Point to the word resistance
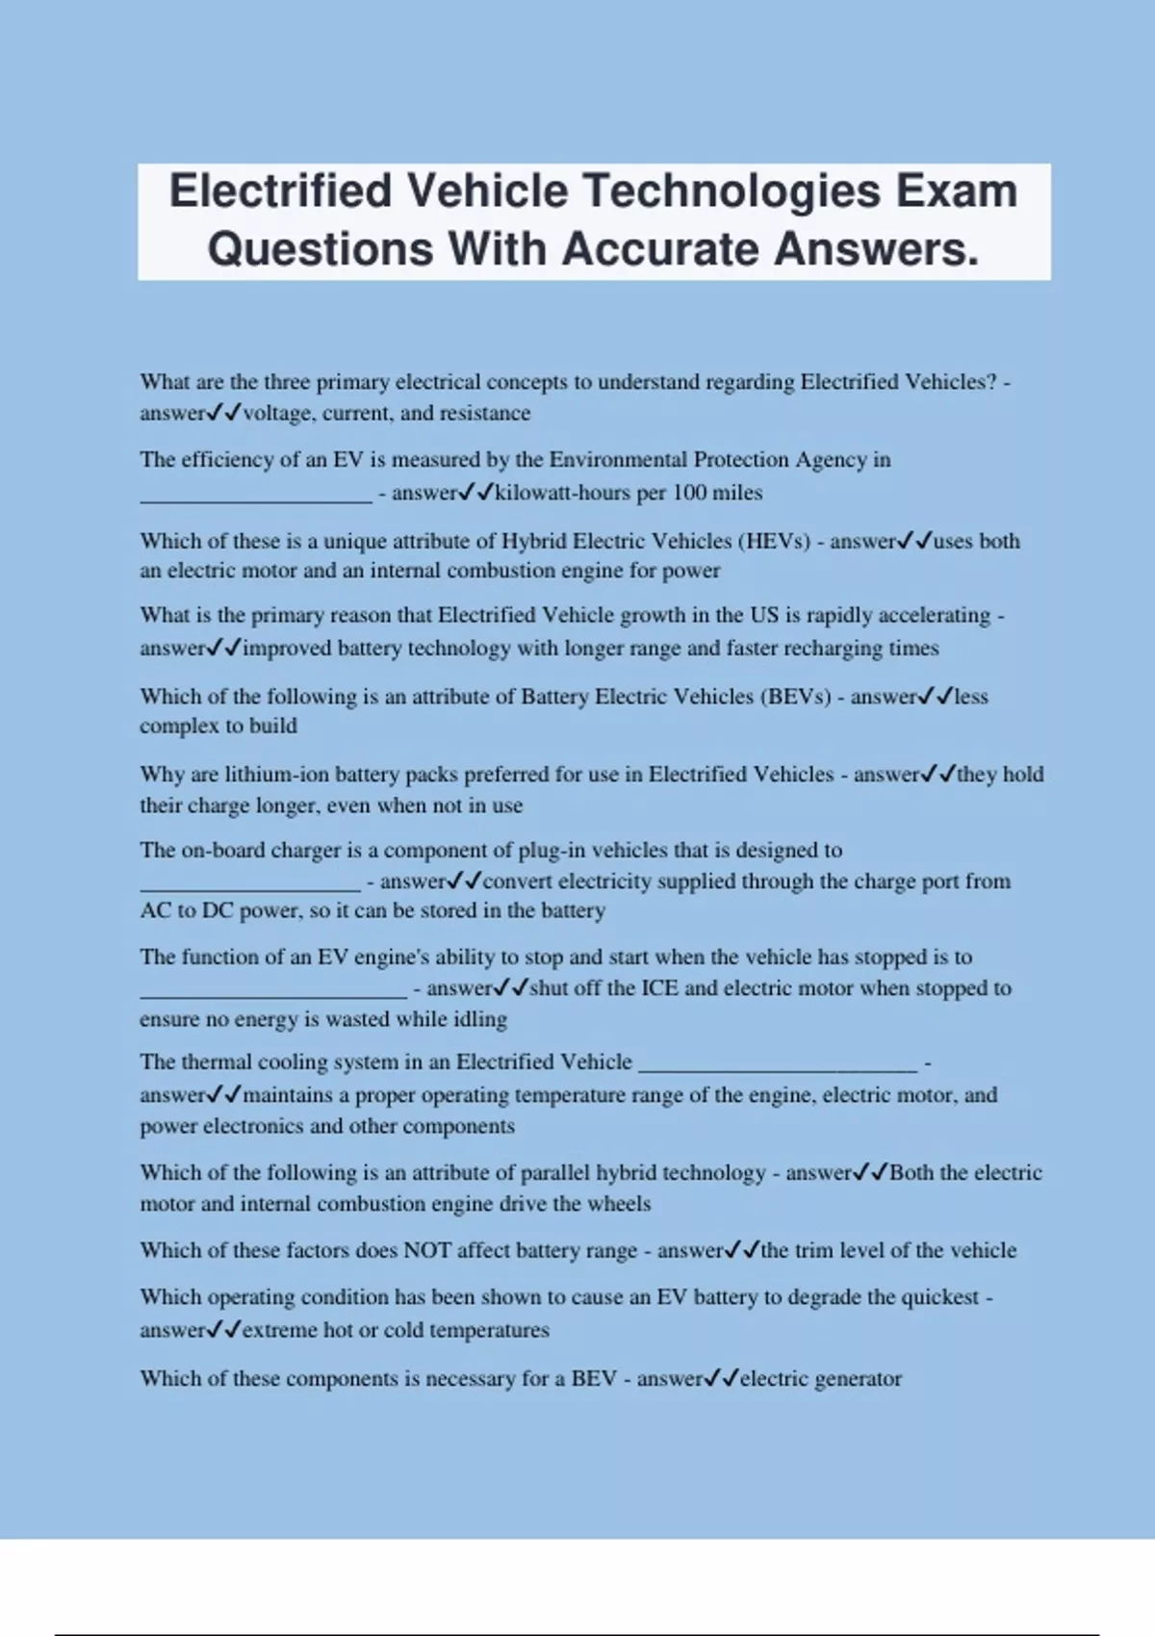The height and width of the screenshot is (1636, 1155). [x=485, y=414]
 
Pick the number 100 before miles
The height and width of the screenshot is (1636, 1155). [x=689, y=493]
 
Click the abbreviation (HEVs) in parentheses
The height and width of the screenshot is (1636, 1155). [x=775, y=541]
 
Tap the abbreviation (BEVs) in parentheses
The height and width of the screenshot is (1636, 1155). [x=795, y=697]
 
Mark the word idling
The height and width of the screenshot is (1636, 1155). [x=479, y=1019]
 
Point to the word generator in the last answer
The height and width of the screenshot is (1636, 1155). [x=858, y=1379]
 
